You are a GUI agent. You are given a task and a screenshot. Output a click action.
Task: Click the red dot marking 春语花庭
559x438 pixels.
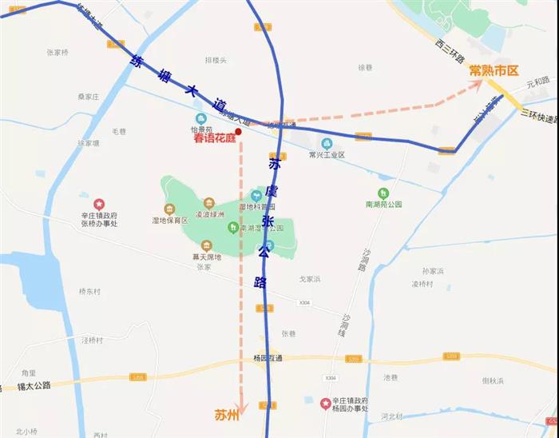238,130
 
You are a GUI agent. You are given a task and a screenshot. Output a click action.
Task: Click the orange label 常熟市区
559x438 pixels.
494,70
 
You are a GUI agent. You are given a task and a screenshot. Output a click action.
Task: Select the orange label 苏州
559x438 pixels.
227,415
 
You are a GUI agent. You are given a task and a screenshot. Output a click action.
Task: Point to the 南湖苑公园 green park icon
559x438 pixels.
383,193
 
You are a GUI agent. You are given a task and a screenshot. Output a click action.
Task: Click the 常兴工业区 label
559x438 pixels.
327,155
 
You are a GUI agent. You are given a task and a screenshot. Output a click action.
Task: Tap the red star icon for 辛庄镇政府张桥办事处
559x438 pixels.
99,205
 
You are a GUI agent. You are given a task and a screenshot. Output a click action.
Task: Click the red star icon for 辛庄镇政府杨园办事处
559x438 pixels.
325,403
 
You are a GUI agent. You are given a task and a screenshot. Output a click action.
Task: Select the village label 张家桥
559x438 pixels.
58,53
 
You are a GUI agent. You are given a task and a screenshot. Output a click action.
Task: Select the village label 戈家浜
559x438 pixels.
309,278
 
